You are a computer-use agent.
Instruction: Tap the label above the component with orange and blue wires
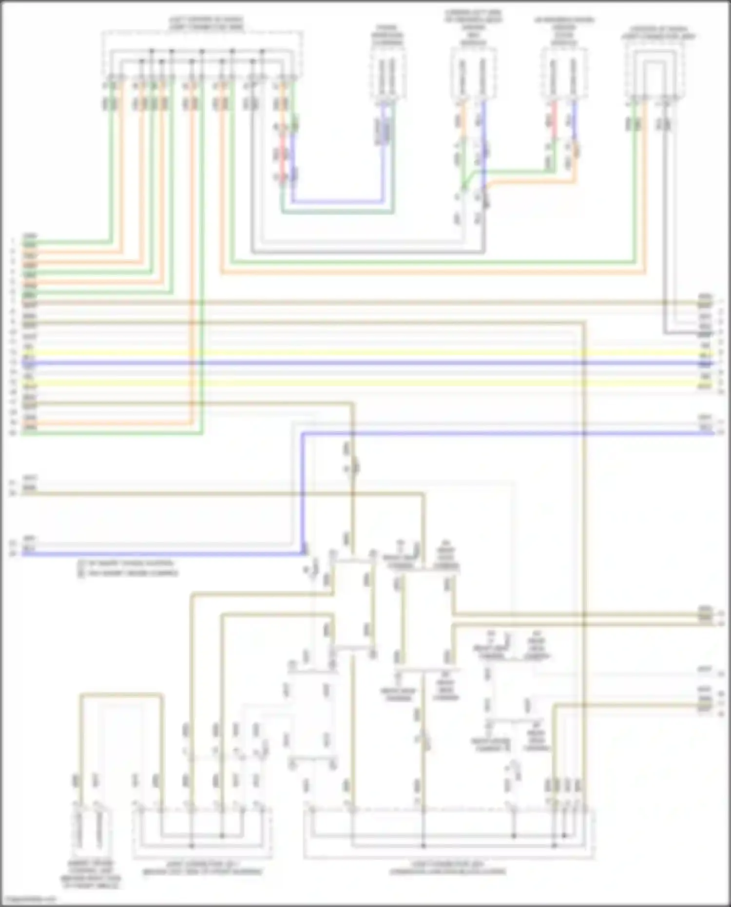point(473,27)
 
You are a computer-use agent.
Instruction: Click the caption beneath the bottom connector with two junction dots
point(202,868)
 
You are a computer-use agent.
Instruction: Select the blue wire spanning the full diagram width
point(365,363)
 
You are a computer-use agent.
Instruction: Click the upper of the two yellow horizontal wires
point(365,352)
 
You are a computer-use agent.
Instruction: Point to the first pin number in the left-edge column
point(13,241)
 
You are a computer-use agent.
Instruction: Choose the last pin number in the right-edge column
point(721,714)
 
